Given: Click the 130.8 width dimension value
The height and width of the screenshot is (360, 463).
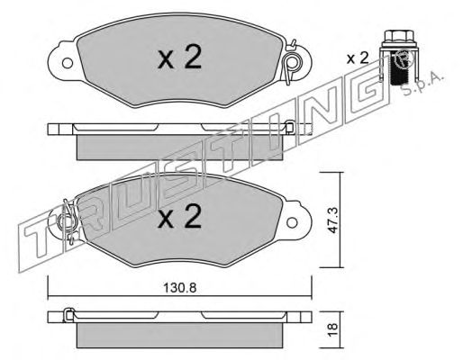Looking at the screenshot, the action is pyautogui.click(x=179, y=288).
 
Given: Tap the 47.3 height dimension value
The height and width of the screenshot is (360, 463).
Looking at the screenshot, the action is pyautogui.click(x=332, y=220).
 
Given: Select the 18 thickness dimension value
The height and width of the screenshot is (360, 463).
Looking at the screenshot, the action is pyautogui.click(x=332, y=329).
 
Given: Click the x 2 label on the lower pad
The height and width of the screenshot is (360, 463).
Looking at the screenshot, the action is pyautogui.click(x=179, y=216).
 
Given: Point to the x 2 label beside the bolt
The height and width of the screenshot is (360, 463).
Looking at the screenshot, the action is pyautogui.click(x=358, y=58).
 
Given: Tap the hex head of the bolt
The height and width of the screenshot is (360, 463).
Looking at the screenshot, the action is pyautogui.click(x=395, y=37).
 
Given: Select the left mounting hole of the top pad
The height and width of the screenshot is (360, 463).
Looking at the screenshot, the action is pyautogui.click(x=68, y=63).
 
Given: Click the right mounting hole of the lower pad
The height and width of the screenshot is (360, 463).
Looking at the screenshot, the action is pyautogui.click(x=292, y=222).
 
